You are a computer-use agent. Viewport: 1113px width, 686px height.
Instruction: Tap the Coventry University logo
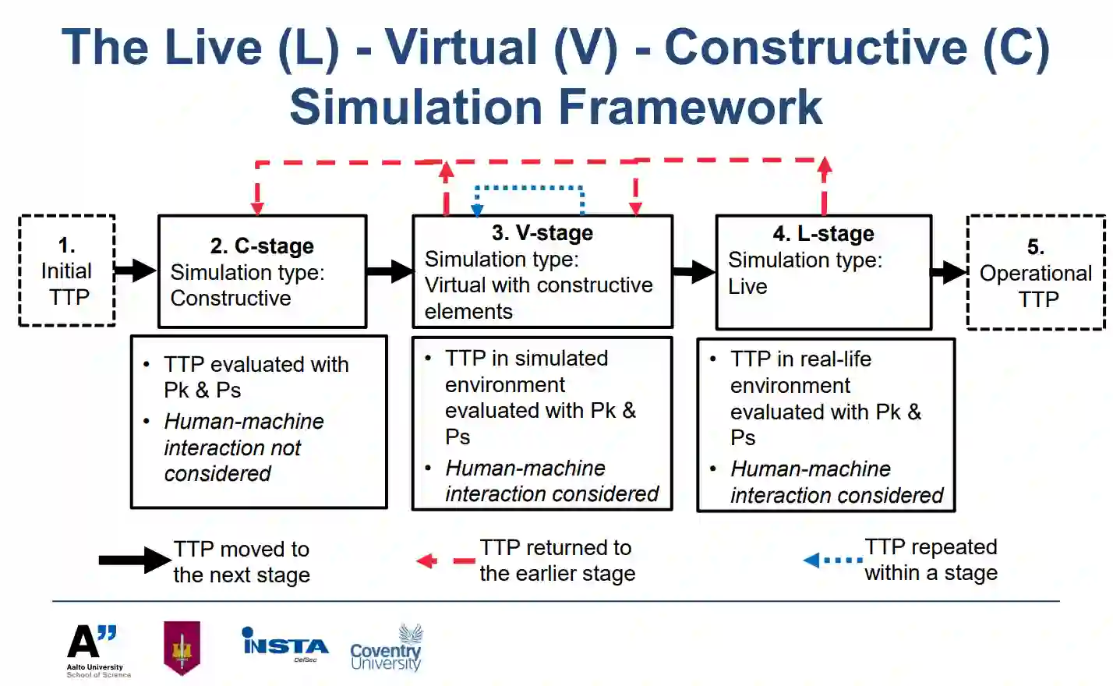pos(386,649)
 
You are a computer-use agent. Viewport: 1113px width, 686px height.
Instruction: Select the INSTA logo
pos(285,645)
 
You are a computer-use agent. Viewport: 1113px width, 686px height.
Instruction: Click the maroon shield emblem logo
pos(182,647)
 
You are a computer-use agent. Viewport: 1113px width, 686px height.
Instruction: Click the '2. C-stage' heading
pos(262,246)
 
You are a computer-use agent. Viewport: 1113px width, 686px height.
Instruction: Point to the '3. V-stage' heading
pos(542,232)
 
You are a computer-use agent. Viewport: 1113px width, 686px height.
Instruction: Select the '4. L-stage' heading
pos(823,233)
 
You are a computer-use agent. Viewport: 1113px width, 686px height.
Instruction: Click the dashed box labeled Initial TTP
pos(67,271)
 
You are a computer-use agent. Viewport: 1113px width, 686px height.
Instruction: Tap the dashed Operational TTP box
pos(1036,273)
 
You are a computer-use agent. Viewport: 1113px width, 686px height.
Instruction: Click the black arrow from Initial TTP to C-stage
pos(136,271)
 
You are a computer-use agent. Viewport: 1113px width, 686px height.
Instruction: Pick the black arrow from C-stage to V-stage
pos(390,271)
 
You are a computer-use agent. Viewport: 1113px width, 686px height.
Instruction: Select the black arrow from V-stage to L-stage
pos(694,272)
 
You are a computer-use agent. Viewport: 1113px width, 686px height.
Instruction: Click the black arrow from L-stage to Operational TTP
pos(949,272)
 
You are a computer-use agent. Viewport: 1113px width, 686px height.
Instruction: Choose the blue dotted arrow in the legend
pos(832,560)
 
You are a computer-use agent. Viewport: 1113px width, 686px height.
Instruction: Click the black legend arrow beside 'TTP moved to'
pos(134,560)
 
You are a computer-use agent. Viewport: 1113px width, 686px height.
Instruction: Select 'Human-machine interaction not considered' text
pos(243,447)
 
